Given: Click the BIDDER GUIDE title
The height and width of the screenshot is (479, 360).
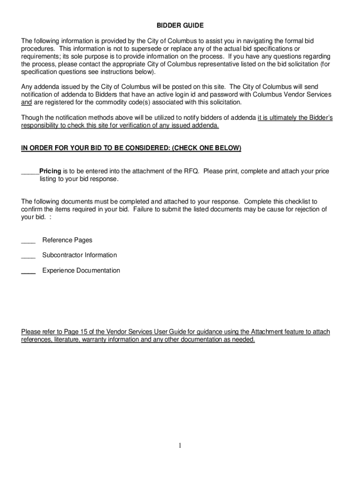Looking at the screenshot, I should (x=180, y=25).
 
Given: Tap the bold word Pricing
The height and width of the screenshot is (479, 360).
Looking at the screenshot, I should (x=50, y=171).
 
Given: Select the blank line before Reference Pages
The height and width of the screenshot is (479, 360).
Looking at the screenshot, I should (x=28, y=241).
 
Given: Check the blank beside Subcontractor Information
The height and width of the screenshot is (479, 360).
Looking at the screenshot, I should (x=28, y=256).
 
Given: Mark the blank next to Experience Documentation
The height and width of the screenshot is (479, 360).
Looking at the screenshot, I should (x=28, y=272).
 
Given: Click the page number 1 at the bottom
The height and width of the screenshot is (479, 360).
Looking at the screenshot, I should (x=180, y=446).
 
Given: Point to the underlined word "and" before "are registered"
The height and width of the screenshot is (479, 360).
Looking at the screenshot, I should (x=27, y=102).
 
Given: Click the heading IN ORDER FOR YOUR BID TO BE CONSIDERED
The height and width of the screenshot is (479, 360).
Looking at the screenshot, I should (x=131, y=148).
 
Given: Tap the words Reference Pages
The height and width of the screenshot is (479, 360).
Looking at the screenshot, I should (x=67, y=240).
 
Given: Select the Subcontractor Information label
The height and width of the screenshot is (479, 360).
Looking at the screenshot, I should (x=79, y=255).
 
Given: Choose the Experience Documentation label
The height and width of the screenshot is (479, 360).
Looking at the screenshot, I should (x=81, y=270).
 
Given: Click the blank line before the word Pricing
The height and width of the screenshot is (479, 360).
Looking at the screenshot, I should (x=30, y=173).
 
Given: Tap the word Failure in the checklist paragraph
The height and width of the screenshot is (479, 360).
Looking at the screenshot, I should (x=144, y=209).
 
